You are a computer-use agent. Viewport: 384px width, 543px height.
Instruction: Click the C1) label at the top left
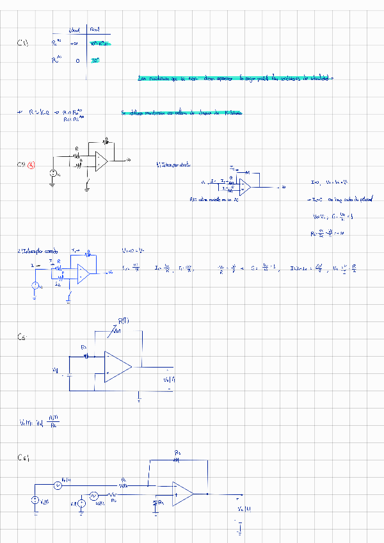click(22, 43)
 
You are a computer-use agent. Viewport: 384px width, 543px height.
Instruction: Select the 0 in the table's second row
click(77, 61)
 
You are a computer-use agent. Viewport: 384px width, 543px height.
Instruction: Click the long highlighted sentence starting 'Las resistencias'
click(236, 78)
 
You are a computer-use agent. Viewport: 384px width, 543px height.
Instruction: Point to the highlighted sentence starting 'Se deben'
click(182, 113)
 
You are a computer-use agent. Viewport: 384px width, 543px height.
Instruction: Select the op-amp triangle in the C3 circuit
click(101, 161)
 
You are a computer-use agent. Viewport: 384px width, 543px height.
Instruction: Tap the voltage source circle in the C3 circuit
click(53, 174)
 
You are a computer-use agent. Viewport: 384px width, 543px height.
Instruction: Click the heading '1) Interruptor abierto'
click(172, 165)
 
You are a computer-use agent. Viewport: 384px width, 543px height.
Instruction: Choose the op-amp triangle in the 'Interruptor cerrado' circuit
click(84, 273)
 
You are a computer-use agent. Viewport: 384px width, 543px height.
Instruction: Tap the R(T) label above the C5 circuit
click(124, 321)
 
